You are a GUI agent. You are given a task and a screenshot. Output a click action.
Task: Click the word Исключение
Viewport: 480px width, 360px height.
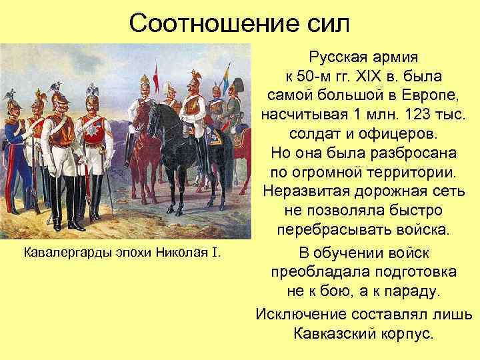click(303, 313)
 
